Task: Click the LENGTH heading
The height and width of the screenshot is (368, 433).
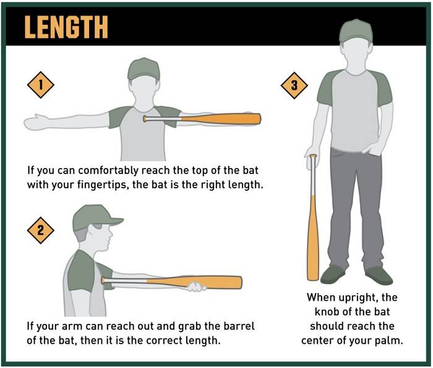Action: (x=66, y=27)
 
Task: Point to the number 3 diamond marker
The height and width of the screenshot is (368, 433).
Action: (x=294, y=86)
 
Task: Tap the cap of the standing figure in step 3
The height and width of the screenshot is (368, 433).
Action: (x=356, y=29)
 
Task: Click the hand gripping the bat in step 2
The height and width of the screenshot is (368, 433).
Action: (x=197, y=286)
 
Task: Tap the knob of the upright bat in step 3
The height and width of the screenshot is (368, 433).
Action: (x=313, y=156)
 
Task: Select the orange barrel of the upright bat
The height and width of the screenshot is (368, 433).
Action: (x=313, y=242)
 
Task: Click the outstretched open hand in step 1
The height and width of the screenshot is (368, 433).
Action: (x=36, y=121)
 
